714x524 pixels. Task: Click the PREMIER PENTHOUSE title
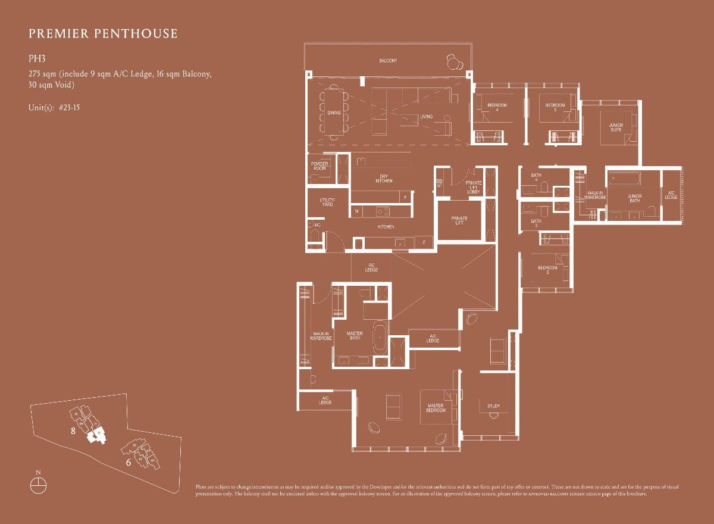[x=102, y=33]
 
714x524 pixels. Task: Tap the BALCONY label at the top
[x=388, y=61]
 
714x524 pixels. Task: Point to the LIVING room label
[x=426, y=117]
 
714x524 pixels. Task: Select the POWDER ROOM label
[x=320, y=166]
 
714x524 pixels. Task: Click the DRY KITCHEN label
[x=384, y=178]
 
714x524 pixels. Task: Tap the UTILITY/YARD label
[x=327, y=202]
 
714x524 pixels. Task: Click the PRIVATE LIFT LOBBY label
[x=474, y=187]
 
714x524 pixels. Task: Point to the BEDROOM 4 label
[x=497, y=108]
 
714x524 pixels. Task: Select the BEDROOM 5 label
[x=555, y=108]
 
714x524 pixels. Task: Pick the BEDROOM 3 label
[x=547, y=270]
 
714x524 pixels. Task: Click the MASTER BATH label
[x=355, y=336]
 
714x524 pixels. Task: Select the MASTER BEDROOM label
[x=436, y=408]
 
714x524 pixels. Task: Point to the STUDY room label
[x=493, y=407]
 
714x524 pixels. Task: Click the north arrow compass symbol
[x=38, y=484]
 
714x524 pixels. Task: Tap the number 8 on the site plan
[x=73, y=431]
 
